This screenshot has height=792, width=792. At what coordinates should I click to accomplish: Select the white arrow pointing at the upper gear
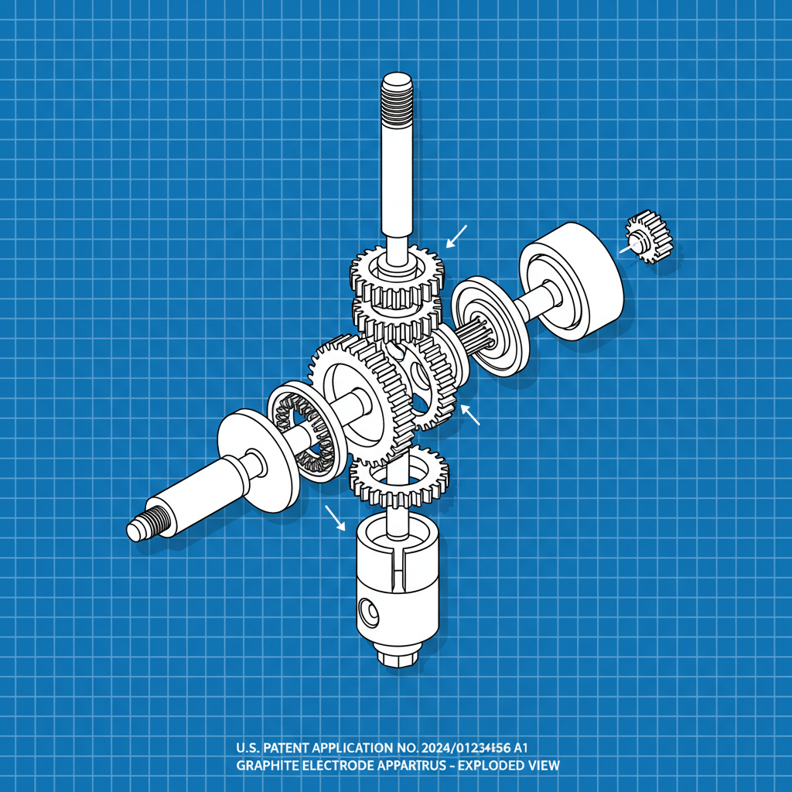458,235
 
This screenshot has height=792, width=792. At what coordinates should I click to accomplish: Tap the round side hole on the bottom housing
368,613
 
